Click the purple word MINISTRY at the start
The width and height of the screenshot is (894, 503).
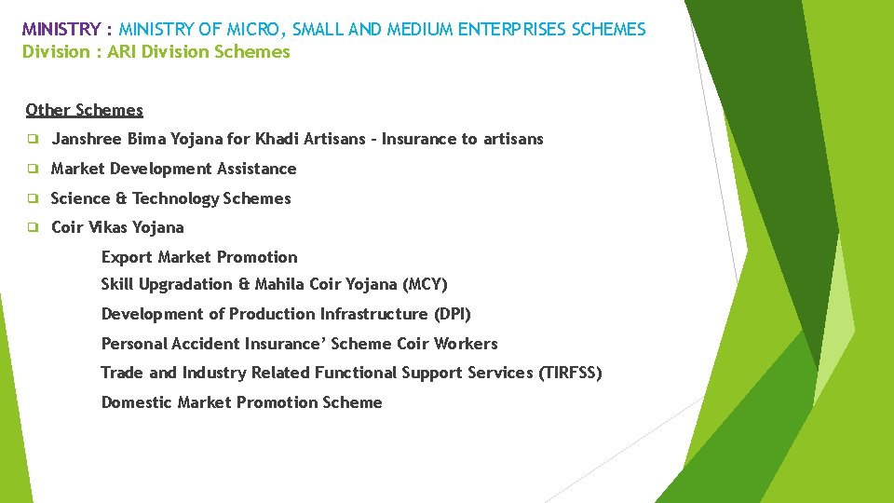click(61, 30)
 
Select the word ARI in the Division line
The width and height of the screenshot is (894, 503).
click(124, 52)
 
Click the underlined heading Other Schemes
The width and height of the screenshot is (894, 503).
click(85, 110)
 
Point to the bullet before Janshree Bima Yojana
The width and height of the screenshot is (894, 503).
click(32, 139)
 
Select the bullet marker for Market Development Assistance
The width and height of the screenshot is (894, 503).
click(32, 169)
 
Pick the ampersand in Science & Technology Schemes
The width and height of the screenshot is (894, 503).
click(120, 198)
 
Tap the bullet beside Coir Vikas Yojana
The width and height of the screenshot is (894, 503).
click(32, 227)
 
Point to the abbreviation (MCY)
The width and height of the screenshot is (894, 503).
click(425, 284)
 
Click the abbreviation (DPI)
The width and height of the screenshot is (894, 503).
click(452, 314)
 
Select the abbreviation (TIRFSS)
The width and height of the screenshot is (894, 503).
click(570, 373)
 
